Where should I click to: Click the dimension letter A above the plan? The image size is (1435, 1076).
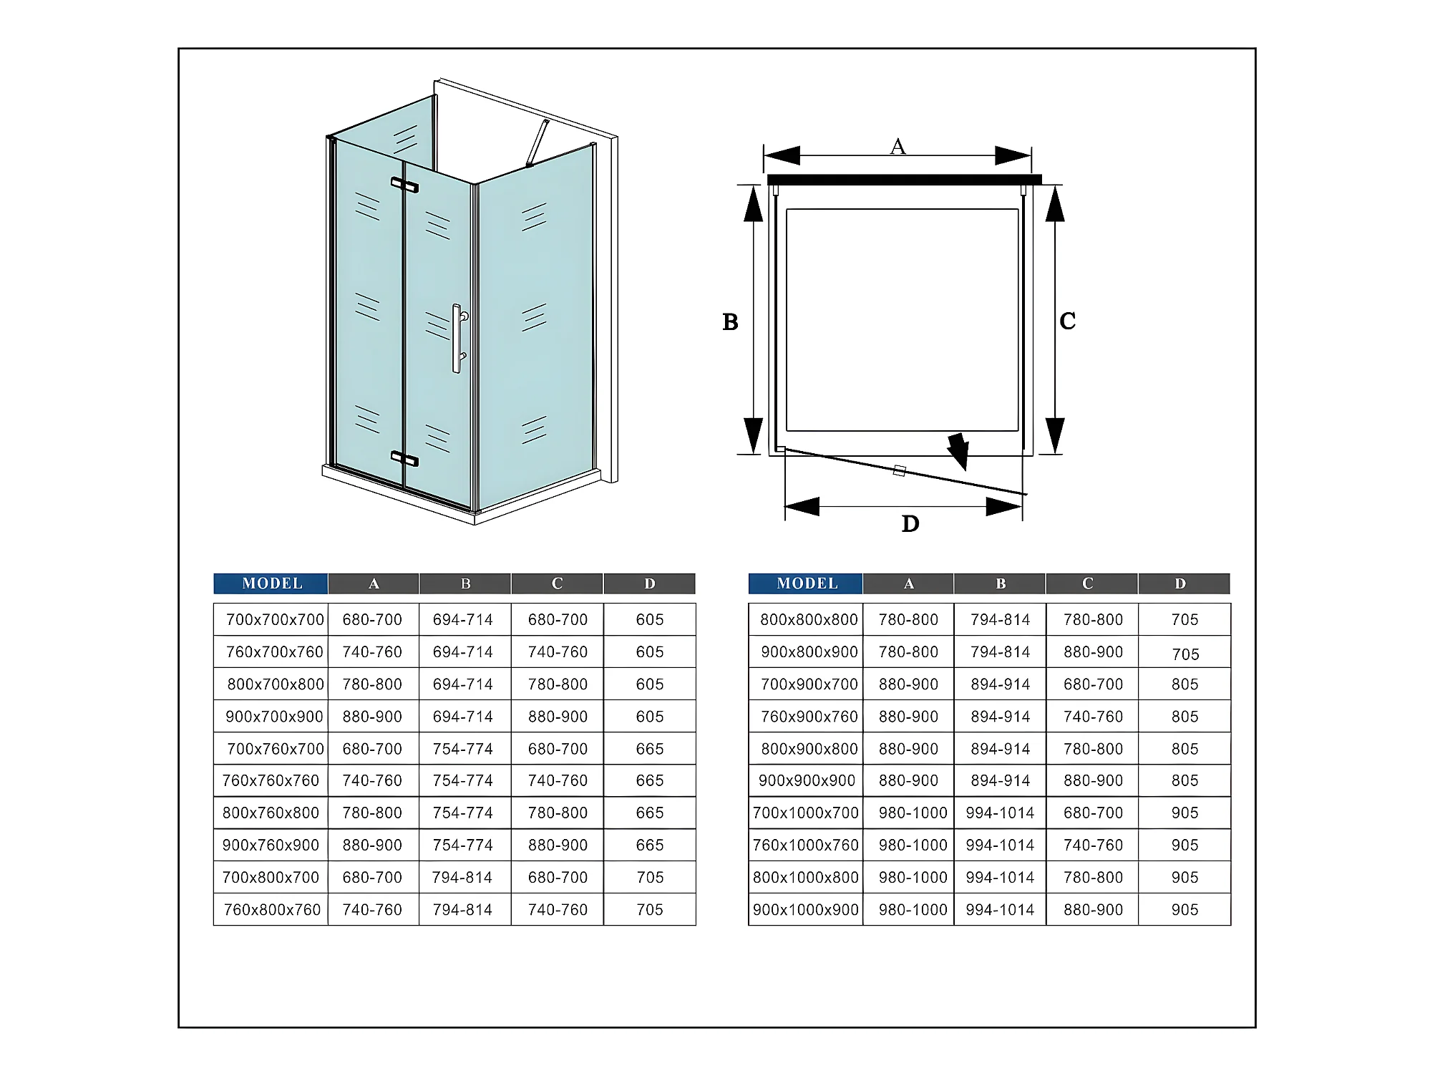tap(898, 147)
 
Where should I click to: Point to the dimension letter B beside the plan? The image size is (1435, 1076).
tap(730, 322)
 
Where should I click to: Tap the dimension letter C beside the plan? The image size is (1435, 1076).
tap(1067, 321)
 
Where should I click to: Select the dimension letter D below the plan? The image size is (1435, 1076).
tap(910, 524)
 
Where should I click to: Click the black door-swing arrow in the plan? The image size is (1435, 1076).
tap(958, 451)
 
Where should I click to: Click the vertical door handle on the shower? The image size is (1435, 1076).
tap(457, 338)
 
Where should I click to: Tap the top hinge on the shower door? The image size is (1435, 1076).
tap(404, 185)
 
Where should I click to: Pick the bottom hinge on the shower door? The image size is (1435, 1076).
tap(404, 458)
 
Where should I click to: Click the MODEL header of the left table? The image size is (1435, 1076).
tap(271, 583)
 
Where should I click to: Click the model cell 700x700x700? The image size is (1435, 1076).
tap(275, 620)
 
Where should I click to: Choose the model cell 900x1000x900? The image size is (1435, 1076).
tap(805, 910)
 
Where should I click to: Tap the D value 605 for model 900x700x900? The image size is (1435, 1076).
tap(650, 717)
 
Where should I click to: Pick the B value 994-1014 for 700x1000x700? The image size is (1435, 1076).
tap(1000, 813)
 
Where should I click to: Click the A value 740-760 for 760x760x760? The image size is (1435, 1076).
tap(372, 781)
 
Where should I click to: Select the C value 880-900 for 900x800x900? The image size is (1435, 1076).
tap(1093, 652)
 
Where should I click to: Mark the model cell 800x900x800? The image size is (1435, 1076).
tap(809, 749)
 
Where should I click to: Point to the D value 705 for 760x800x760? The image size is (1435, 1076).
tap(650, 910)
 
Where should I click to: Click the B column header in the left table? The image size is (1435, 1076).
tap(465, 583)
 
